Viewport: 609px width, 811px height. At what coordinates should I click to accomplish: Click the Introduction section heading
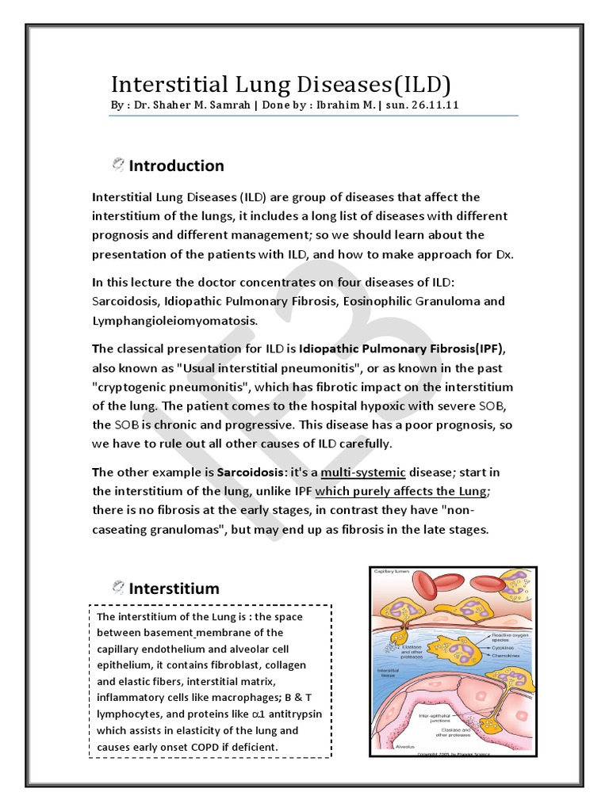176,166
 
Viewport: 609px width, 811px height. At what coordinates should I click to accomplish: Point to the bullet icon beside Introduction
118,165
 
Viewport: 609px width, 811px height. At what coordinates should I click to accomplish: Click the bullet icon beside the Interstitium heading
118,588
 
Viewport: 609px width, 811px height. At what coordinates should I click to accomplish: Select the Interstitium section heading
174,588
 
